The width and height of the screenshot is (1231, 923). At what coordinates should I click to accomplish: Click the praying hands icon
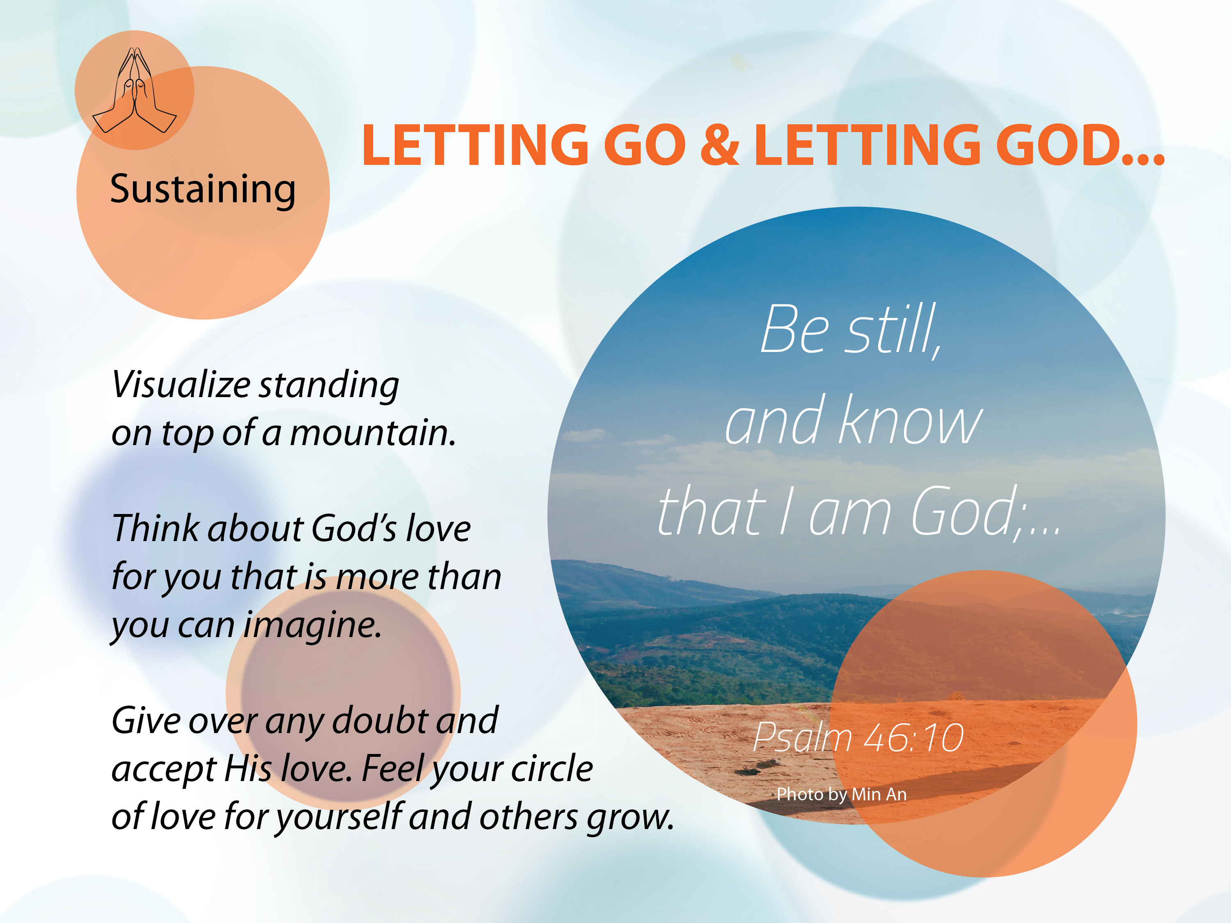134,90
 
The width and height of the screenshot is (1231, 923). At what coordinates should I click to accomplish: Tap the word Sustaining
203,190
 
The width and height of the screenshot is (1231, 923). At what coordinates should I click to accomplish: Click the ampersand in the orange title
720,145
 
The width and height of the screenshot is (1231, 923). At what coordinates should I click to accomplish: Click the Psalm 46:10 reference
858,737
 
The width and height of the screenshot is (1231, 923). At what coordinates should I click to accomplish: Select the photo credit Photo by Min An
842,795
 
